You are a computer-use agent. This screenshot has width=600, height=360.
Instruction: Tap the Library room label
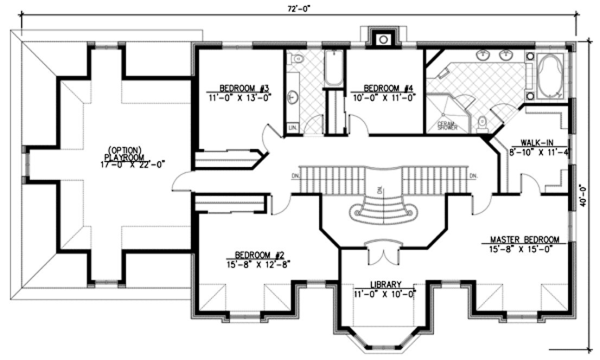(x=386, y=284)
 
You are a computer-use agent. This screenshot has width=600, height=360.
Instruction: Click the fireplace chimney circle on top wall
(x=384, y=39)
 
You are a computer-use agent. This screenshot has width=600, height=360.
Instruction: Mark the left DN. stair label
(x=295, y=176)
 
